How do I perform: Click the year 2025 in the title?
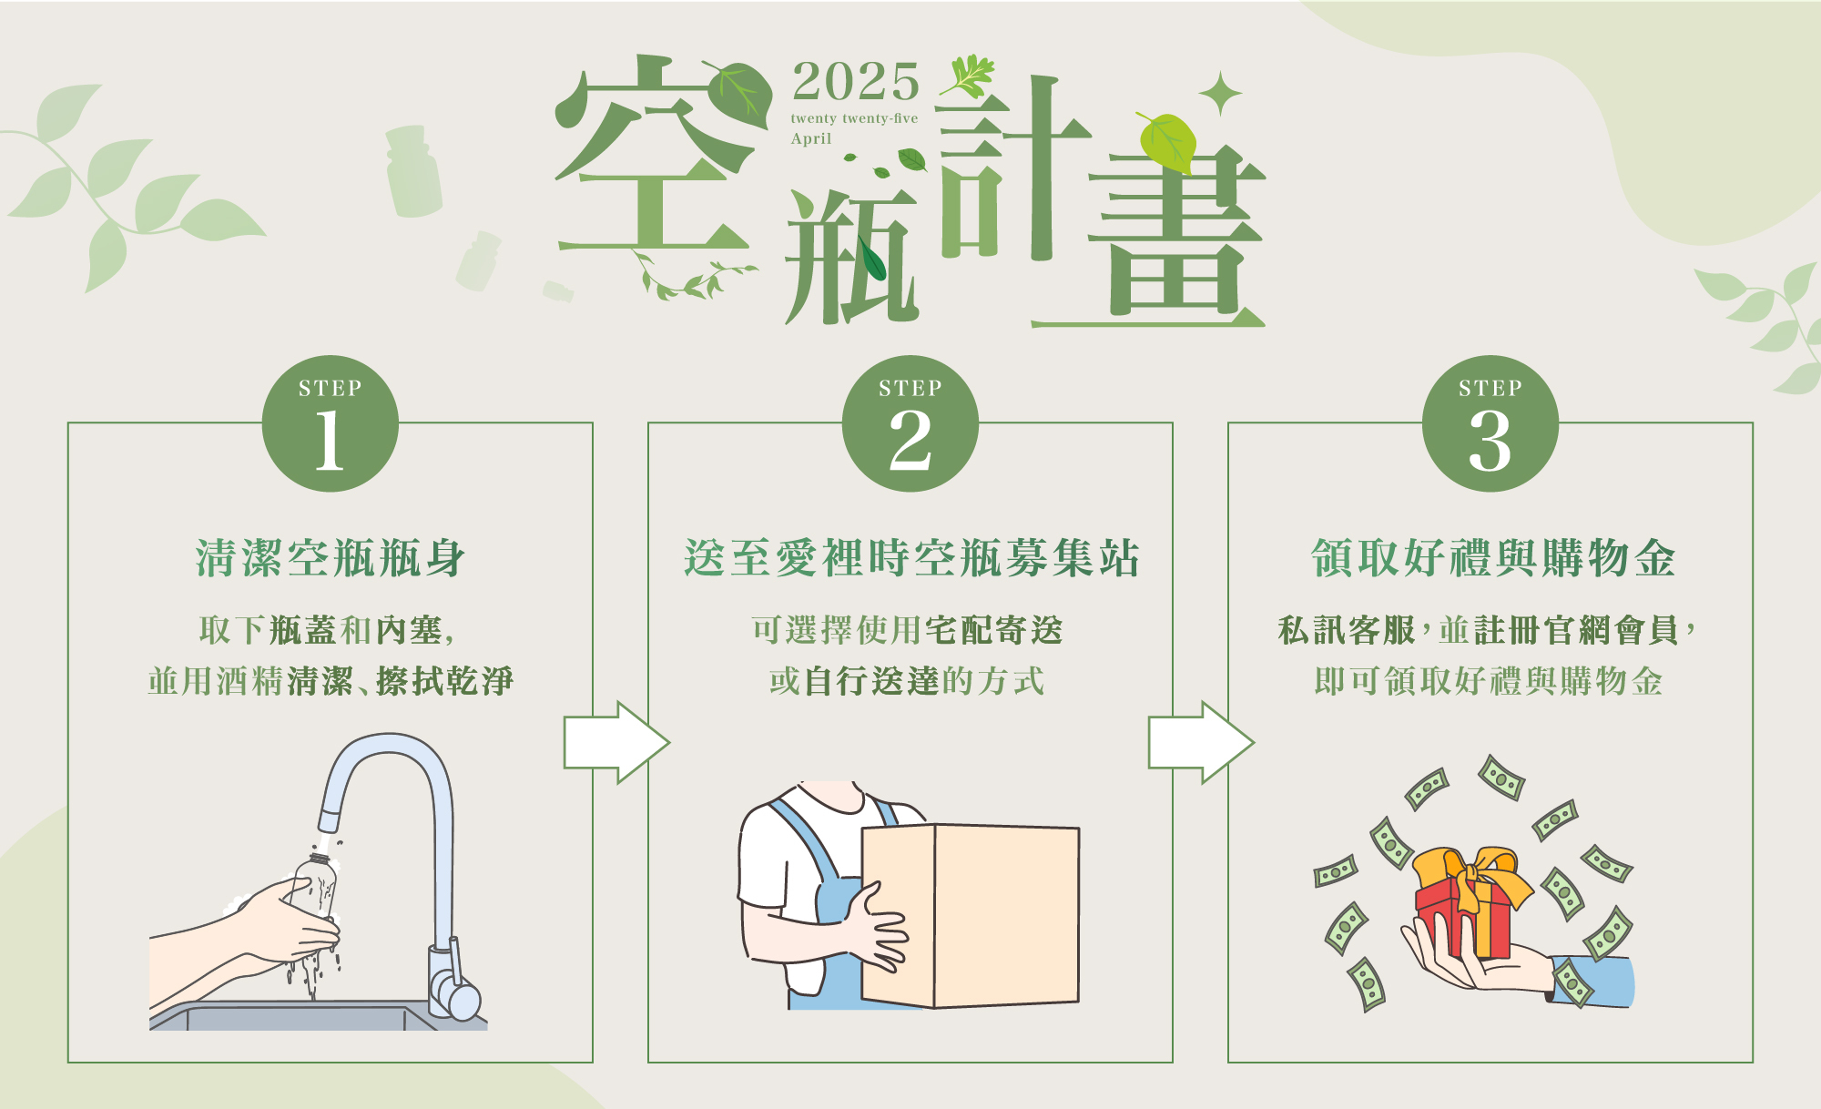pos(856,82)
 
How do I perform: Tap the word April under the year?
pos(811,138)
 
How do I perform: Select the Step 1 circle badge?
pos(331,423)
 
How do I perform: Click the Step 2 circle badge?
pos(910,423)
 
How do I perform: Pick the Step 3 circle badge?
pos(1490,423)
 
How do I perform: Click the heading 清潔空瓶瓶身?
pos(331,558)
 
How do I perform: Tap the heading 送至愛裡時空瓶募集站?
pos(910,558)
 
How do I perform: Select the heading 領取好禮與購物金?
pos(1492,558)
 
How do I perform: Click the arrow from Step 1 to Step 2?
pos(616,742)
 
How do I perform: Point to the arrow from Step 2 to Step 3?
pos(1201,742)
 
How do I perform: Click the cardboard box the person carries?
pos(971,915)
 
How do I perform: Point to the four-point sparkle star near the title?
pos(1220,94)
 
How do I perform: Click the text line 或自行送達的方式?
pos(906,681)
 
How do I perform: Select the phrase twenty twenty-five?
pos(854,118)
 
